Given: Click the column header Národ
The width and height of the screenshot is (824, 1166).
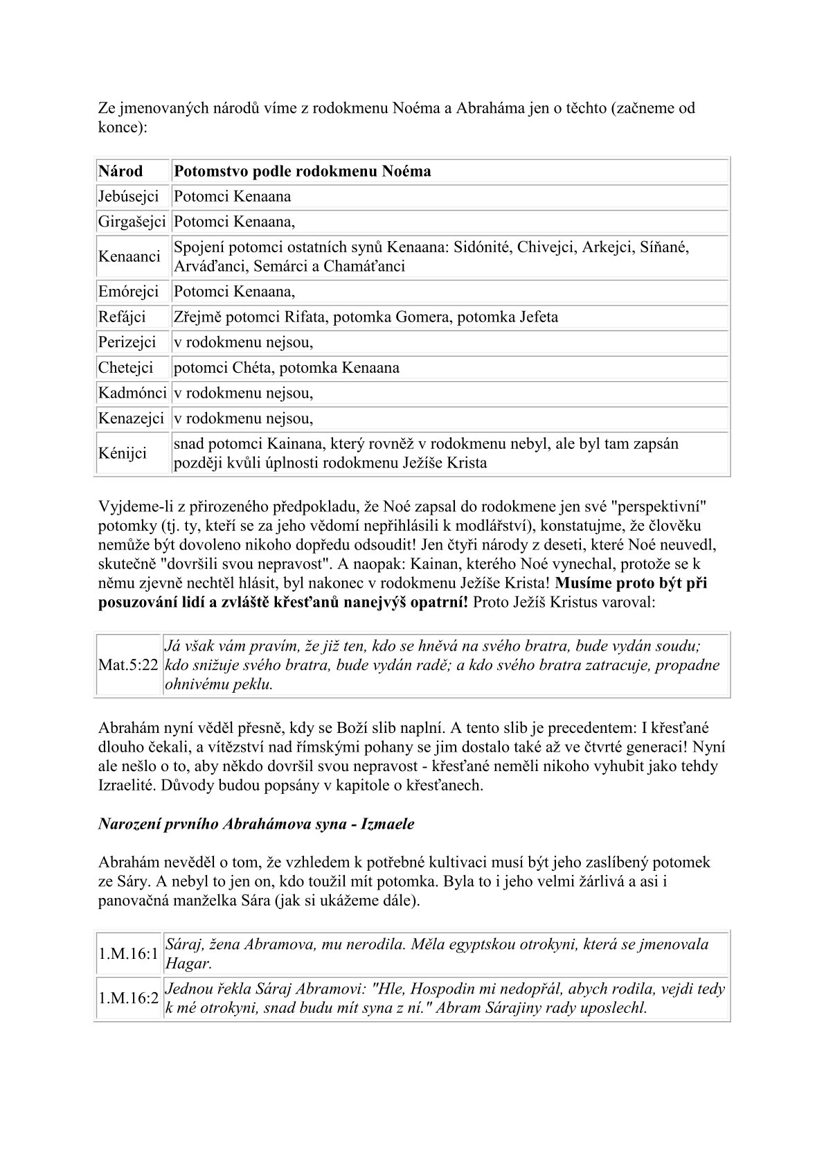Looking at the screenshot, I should pos(120,171).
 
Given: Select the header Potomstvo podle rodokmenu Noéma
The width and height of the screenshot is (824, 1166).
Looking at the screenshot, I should pos(302,171).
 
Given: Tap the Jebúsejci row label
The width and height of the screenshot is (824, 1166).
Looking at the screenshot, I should pos(128,197).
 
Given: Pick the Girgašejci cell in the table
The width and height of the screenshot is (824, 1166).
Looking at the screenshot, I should pos(132,222).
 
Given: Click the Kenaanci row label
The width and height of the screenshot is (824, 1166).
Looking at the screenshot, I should pos(129,257).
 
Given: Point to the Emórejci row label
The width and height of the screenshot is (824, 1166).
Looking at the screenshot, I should pos(128,292).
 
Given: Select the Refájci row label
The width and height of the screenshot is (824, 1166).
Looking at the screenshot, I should pos(122,317).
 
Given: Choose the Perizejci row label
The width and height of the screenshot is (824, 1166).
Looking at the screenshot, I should pos(127,342).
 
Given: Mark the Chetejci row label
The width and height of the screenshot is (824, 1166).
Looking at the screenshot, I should pos(125,368).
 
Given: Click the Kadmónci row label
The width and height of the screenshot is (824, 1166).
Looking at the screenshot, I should pos(132,394).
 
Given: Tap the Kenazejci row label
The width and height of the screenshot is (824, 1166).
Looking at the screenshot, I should pos(131,418).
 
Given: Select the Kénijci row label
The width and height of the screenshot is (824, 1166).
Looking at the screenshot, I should pos(123,454).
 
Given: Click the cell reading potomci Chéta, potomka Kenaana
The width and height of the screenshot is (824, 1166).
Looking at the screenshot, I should pos(286,368).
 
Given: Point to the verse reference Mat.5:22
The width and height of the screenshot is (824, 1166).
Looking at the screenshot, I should pos(128,665).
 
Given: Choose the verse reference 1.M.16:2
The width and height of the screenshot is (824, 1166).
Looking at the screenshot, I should pos(128,998).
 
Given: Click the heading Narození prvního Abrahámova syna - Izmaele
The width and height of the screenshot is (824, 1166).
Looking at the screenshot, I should pos(256,824).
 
